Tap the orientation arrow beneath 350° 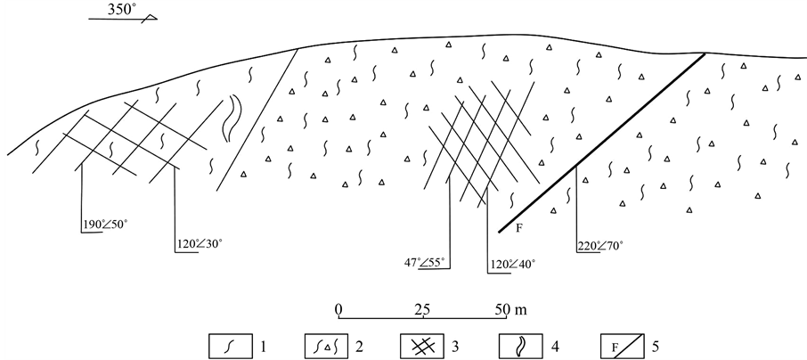coord(123,19)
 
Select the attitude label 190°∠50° coord(105,224)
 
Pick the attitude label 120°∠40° coord(511,264)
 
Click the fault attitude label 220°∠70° coord(600,246)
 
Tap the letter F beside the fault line coord(518,227)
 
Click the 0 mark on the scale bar coord(338,309)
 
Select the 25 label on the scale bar coord(422,309)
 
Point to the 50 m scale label coord(511,309)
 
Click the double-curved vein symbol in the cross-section coord(232,118)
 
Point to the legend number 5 coord(655,346)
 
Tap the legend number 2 coord(360,346)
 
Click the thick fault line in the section coord(601,143)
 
